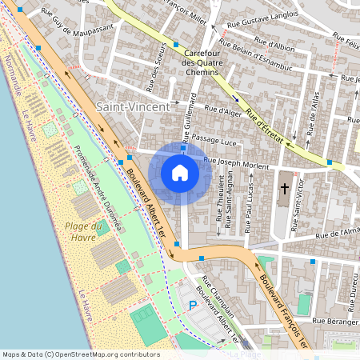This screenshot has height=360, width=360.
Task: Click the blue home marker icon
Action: (x=180, y=173)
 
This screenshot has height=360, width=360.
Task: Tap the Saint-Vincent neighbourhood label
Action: (x=133, y=106)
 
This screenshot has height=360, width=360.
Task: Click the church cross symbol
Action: (x=285, y=190)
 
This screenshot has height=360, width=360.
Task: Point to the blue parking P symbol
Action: (x=191, y=305)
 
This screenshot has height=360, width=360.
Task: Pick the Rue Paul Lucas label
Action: (x=250, y=207)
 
